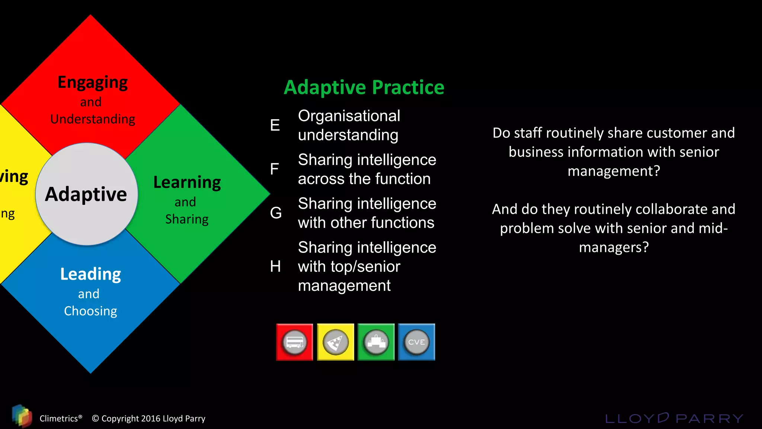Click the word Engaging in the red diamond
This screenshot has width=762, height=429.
[93, 82]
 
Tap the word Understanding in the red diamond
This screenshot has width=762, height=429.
[93, 119]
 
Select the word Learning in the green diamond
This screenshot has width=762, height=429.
[187, 182]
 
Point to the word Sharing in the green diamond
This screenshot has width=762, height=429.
[187, 219]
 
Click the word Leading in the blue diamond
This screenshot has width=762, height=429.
[90, 274]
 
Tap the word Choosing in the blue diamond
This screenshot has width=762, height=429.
[90, 311]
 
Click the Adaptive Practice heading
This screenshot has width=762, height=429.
[364, 88]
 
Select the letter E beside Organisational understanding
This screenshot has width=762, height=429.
[275, 125]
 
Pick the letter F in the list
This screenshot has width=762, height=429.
[274, 169]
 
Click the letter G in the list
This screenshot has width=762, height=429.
[276, 213]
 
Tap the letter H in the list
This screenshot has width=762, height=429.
[275, 267]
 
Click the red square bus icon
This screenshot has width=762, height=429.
[294, 342]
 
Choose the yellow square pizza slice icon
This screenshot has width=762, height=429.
[335, 342]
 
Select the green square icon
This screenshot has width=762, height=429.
[376, 342]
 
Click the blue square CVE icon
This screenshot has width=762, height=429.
[416, 342]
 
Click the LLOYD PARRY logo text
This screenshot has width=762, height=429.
[674, 418]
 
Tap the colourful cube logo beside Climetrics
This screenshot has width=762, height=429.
[22, 416]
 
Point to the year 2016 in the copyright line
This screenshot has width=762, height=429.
[151, 419]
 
